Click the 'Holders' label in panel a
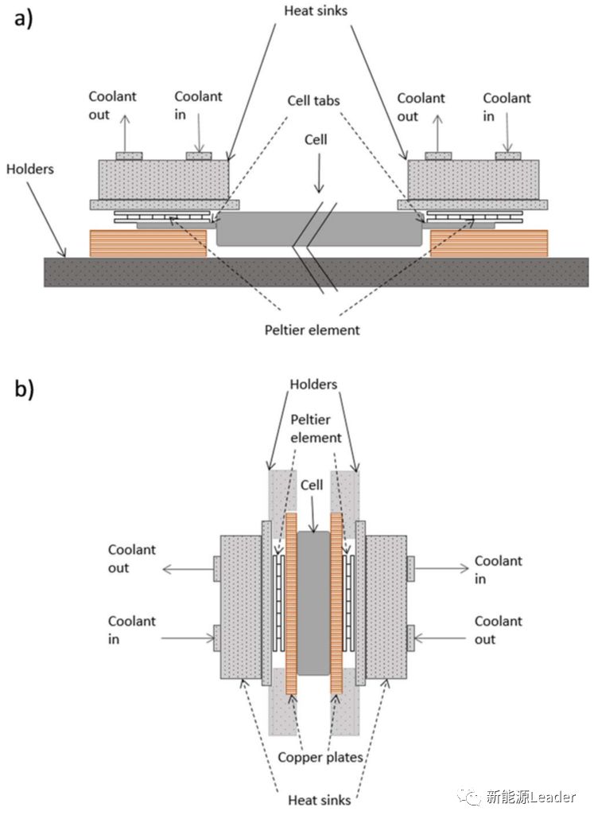pyautogui.click(x=29, y=169)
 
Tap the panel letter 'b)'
pyautogui.click(x=24, y=390)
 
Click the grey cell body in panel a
pyautogui.click(x=262, y=228)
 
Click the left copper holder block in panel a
pyautogui.click(x=148, y=243)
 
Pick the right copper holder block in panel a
pyautogui.click(x=488, y=243)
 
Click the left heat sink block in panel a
pyautogui.click(x=164, y=179)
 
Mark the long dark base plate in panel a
pyautogui.click(x=315, y=271)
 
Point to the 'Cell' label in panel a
pyautogui.click(x=317, y=138)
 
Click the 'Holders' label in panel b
pyautogui.click(x=315, y=385)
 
